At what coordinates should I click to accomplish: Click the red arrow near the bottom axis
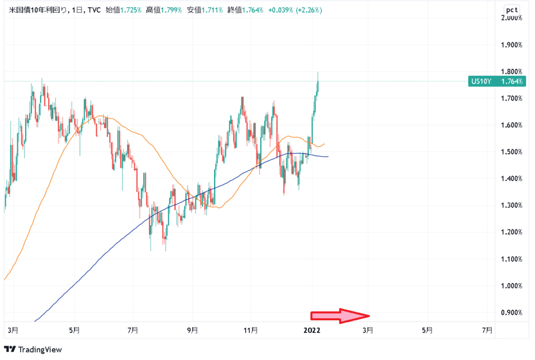coord(340,316)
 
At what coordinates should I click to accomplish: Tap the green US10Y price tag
coord(497,81)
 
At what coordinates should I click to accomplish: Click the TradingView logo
coord(33,349)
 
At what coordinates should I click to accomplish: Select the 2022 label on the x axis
coord(312,330)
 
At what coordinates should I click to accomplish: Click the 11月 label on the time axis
coord(251,330)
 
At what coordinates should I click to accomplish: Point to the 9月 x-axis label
coord(192,330)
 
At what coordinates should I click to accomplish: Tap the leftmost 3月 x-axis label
coord(14,330)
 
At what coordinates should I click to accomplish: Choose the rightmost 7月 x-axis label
coord(487,330)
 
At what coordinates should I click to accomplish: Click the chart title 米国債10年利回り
coord(38,9)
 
